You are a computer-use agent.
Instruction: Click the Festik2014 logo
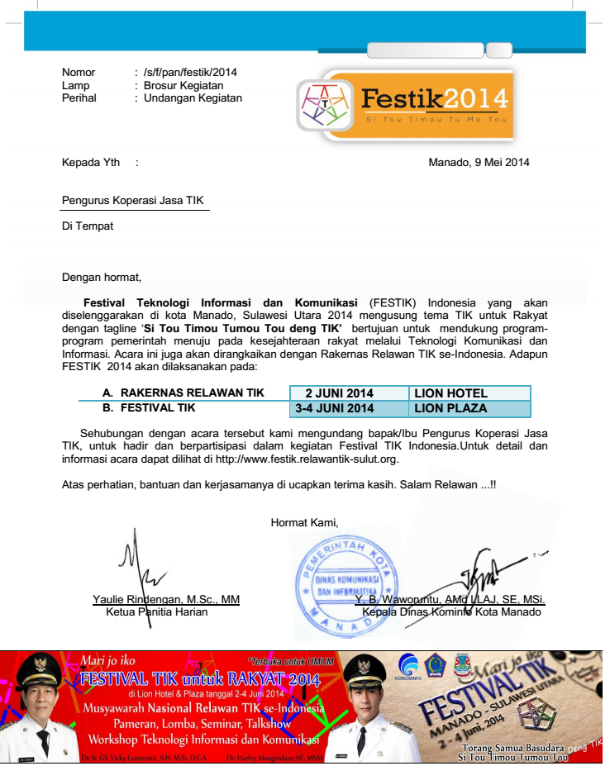[x=405, y=103]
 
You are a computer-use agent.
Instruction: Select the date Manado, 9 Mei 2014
[x=479, y=162]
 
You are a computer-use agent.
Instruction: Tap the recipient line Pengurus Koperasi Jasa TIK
[x=132, y=200]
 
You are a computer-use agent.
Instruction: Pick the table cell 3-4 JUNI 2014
[x=334, y=408]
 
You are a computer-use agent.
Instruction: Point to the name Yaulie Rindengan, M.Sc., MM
[x=166, y=599]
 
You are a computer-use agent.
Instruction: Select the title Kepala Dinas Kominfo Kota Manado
[x=451, y=612]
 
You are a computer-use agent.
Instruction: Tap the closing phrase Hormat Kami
[x=304, y=521]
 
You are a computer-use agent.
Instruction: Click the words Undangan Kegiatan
[x=193, y=98]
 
